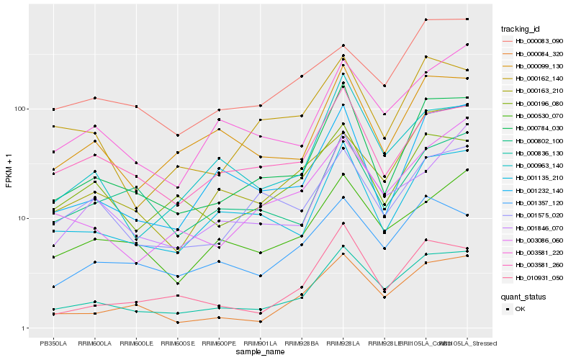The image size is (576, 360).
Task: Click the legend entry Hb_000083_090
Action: (x=538, y=41)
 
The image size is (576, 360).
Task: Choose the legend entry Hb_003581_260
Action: (x=538, y=265)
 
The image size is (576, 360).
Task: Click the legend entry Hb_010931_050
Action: (x=538, y=277)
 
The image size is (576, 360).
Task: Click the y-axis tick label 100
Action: (x=19, y=109)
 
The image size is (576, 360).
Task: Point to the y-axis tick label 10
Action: (x=22, y=218)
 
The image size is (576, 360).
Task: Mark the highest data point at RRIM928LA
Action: (x=343, y=45)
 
